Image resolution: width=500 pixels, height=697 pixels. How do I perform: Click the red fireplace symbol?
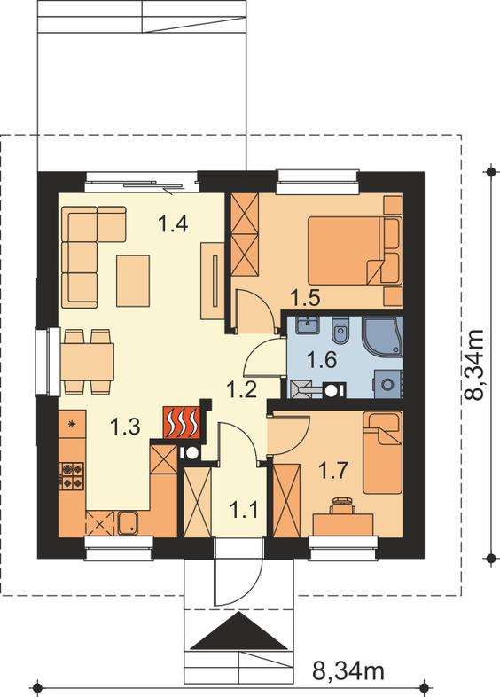(182, 422)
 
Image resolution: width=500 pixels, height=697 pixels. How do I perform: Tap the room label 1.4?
(174, 223)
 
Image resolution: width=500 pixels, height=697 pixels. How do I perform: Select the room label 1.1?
(244, 510)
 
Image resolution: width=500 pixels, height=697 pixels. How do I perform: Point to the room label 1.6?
(322, 360)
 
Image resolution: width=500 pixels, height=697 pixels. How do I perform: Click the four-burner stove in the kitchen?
(72, 475)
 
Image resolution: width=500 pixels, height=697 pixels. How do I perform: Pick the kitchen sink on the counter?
(128, 523)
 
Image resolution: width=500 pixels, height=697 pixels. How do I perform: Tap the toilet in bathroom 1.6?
(341, 331)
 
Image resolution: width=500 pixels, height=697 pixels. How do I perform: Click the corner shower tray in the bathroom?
(383, 336)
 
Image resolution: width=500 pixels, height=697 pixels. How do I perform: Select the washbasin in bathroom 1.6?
(307, 325)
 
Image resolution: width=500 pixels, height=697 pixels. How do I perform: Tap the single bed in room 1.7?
(383, 453)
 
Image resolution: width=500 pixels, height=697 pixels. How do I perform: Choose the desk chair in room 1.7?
(342, 505)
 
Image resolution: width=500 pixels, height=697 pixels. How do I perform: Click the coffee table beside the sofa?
(133, 280)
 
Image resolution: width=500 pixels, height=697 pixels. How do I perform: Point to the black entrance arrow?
(239, 630)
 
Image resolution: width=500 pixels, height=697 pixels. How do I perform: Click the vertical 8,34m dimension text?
(474, 364)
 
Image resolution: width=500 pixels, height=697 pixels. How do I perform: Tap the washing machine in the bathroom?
(388, 383)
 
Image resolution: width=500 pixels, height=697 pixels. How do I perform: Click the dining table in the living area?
(87, 362)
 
